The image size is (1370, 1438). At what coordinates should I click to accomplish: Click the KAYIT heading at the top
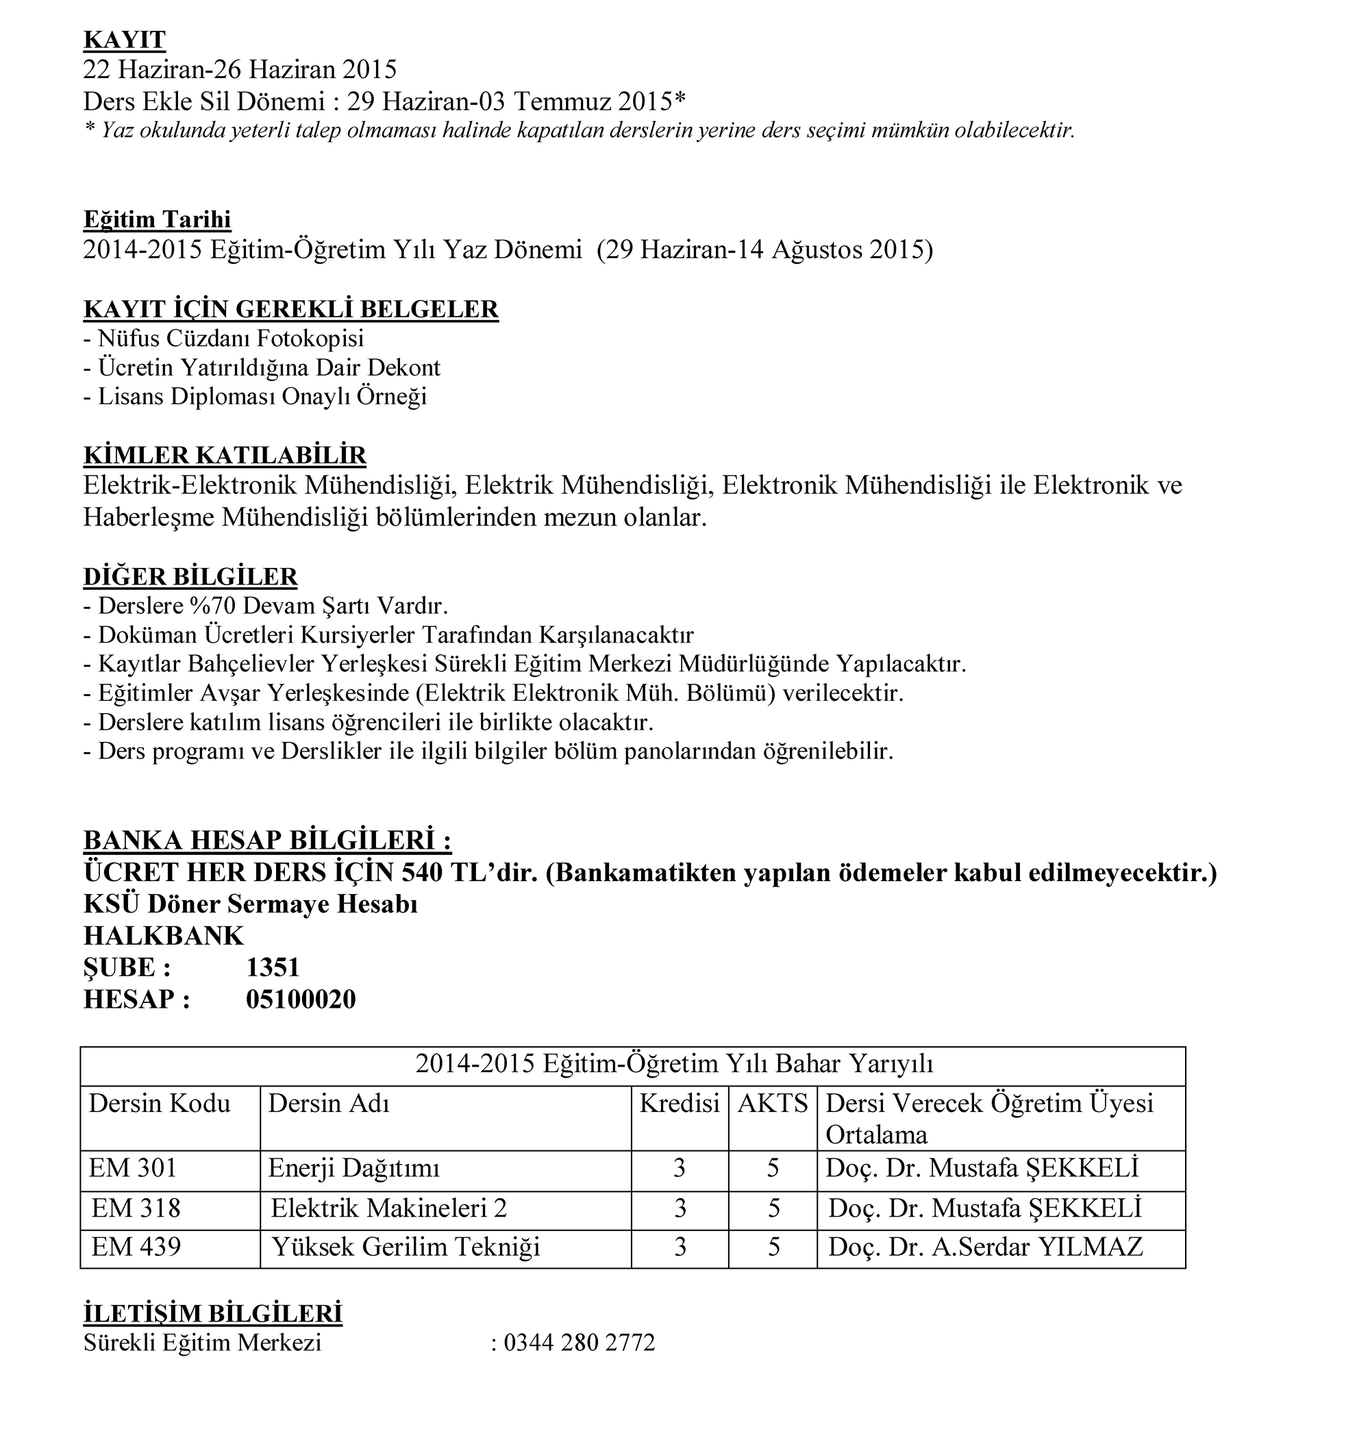124,40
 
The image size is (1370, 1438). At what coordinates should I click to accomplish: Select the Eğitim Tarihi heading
157,219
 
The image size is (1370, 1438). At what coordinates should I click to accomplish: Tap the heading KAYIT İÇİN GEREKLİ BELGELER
290,309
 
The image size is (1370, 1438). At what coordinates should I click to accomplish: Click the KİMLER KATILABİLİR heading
224,455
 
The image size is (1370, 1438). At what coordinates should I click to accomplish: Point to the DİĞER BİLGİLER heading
190,576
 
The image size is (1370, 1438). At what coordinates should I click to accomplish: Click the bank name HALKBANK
164,936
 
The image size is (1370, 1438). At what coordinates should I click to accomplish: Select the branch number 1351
273,967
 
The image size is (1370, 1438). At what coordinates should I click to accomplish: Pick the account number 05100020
300,999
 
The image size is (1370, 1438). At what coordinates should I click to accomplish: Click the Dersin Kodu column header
159,1103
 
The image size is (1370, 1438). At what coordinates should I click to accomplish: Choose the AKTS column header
773,1103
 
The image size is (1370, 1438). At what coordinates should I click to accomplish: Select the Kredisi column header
679,1103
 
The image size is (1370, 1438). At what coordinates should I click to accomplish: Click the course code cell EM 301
133,1168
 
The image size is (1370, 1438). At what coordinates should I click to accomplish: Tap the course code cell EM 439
136,1246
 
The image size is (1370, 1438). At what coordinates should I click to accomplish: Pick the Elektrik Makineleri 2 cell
388,1208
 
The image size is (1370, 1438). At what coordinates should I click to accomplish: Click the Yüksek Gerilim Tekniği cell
406,1246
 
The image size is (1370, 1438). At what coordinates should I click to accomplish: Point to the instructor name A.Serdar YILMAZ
1036,1246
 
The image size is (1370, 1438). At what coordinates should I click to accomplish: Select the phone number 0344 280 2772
579,1342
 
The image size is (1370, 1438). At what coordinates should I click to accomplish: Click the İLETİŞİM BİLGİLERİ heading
212,1313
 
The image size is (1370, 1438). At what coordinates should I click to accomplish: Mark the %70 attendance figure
214,606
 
